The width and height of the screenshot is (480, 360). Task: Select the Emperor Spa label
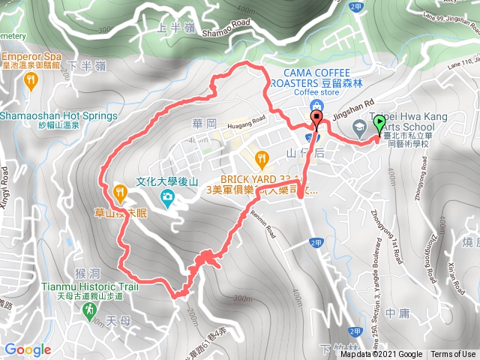tap(31, 55)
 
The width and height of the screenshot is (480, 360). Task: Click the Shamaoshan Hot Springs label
tap(59, 116)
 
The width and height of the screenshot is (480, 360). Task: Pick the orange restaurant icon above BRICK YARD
tap(261, 158)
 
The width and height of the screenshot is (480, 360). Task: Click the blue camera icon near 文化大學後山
tap(167, 197)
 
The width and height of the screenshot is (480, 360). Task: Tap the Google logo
tap(28, 349)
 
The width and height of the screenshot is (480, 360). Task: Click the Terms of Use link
tap(452, 355)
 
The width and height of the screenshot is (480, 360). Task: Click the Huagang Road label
tap(245, 120)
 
